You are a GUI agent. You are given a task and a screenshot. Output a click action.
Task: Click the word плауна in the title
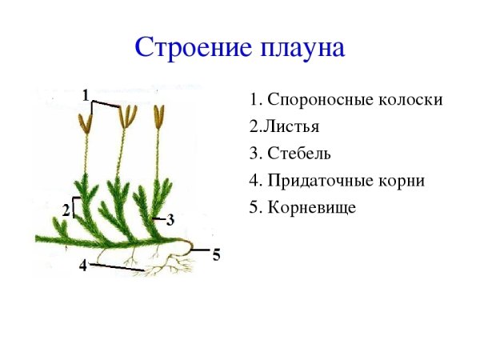tap(302, 47)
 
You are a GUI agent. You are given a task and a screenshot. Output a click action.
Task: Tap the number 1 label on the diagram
tap(85, 95)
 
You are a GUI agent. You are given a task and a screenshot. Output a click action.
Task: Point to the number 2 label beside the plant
tap(66, 210)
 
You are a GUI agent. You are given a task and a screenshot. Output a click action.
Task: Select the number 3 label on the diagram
tap(170, 220)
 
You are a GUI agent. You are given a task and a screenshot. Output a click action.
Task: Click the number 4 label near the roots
tap(82, 266)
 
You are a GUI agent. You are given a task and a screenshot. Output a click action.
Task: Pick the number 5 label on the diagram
tap(216, 256)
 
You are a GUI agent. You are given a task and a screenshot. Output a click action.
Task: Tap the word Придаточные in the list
tap(321, 180)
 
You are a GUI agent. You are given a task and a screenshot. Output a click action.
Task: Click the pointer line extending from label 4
tap(116, 266)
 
